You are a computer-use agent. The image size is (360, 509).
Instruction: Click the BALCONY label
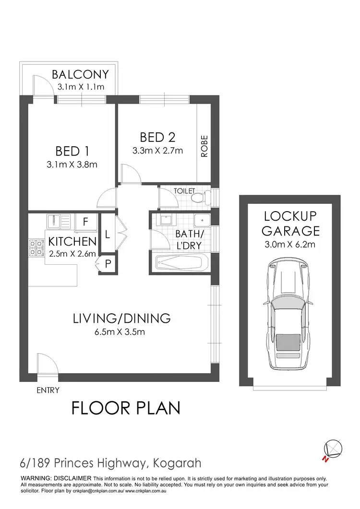click(x=81, y=75)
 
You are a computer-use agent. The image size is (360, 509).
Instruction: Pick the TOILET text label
click(x=184, y=190)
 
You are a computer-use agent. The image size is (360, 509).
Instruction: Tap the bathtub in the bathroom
click(x=182, y=263)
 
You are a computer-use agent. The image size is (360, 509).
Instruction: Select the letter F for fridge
click(x=85, y=222)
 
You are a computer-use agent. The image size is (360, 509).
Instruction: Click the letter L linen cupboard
click(x=108, y=235)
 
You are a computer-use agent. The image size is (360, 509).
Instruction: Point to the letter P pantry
click(x=108, y=263)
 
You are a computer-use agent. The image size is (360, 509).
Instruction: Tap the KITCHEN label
click(x=72, y=241)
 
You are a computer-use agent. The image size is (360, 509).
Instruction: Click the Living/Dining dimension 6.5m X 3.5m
click(x=121, y=331)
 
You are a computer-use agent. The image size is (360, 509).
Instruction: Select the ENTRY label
click(x=48, y=390)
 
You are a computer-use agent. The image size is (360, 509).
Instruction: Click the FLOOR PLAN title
click(x=126, y=408)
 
